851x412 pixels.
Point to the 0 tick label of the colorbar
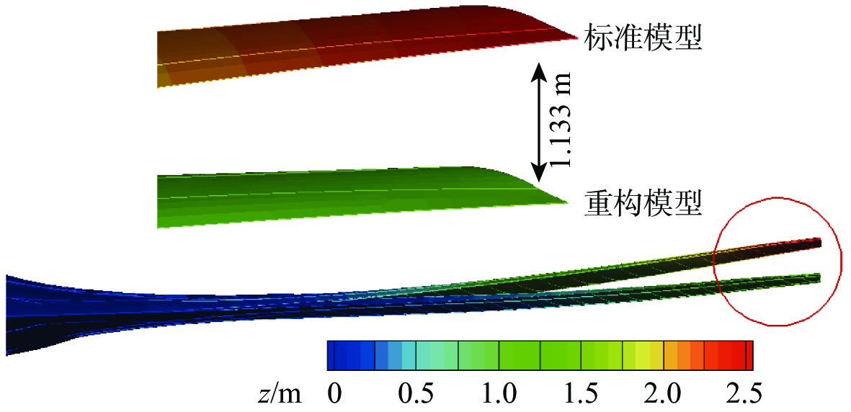[x=333, y=394]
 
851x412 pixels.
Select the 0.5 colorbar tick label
[x=417, y=394]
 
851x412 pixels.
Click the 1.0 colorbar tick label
[x=499, y=394]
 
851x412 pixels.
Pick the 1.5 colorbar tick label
[x=582, y=394]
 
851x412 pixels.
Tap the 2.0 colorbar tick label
[x=664, y=394]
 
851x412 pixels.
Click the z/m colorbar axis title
[x=282, y=394]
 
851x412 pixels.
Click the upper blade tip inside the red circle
[x=817, y=242]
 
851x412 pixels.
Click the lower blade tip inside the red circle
[x=817, y=277]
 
